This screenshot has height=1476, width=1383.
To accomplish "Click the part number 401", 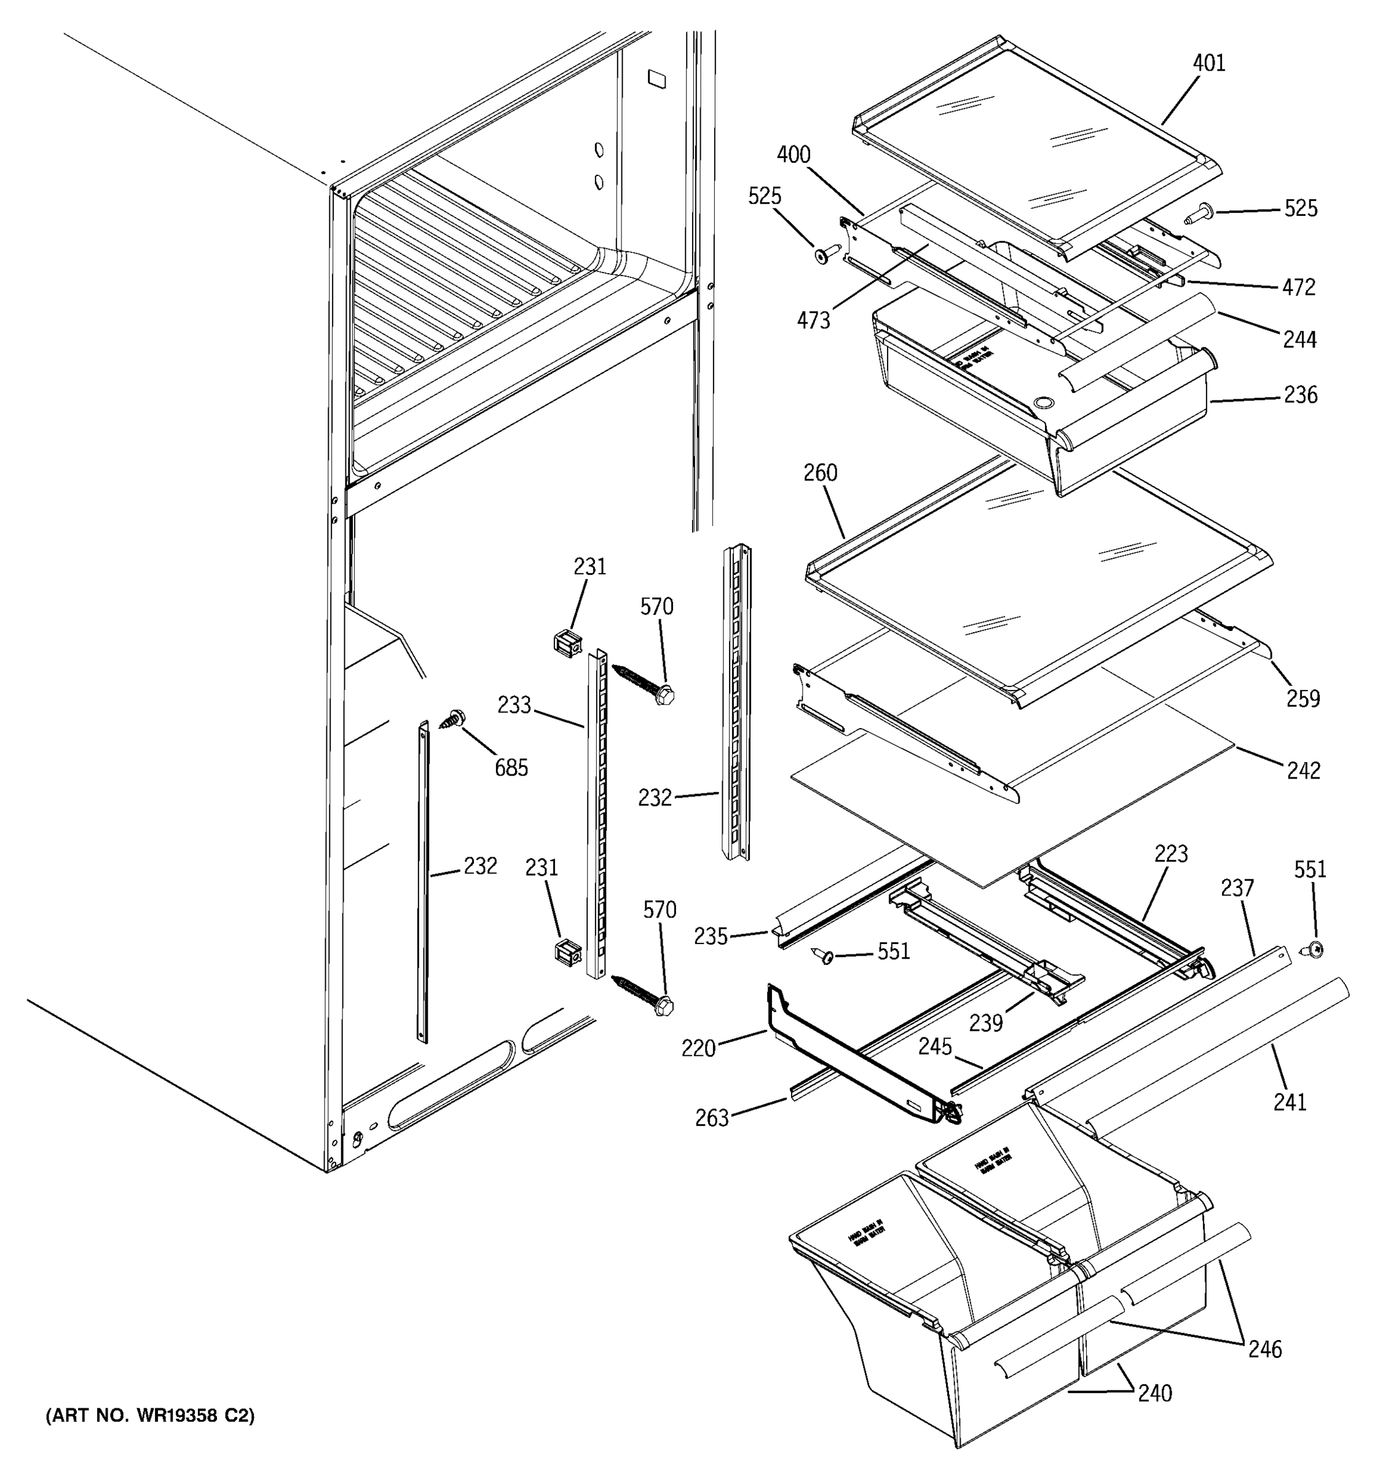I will (1208, 63).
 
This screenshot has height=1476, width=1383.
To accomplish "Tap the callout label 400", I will (793, 155).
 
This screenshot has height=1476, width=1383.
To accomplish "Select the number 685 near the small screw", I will (511, 768).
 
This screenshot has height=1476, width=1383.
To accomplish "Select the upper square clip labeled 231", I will (567, 640).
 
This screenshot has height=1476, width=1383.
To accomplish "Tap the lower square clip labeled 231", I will (567, 953).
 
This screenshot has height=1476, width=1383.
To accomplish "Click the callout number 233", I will (514, 705).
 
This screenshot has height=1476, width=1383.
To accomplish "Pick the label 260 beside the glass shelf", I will (820, 473).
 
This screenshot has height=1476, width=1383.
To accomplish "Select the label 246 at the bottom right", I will (1264, 1349).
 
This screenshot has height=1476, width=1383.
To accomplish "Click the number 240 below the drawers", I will (1154, 1394).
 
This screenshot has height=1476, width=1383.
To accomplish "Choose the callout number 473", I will (813, 321).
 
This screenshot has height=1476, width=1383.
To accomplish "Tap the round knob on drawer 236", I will (1043, 403).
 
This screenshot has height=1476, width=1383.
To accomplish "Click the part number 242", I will (1304, 771).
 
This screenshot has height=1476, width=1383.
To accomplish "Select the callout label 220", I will (698, 1049).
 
